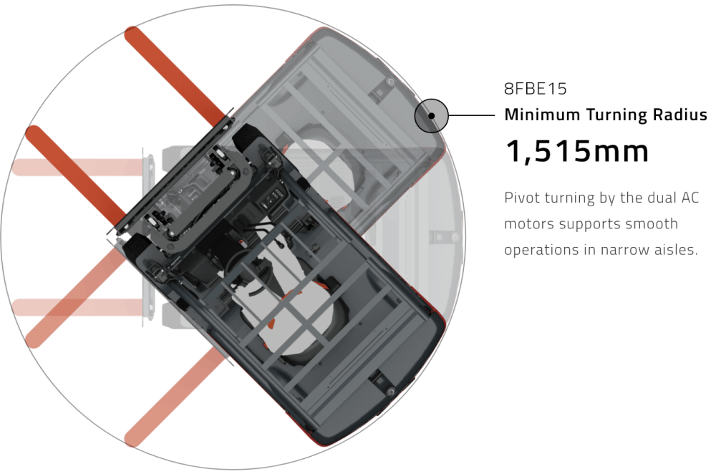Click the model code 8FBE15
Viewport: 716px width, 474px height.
click(535, 89)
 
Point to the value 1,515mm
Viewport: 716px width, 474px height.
click(576, 151)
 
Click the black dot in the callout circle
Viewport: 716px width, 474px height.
click(432, 116)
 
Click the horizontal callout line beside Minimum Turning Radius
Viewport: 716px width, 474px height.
click(472, 115)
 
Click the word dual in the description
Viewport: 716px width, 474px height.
click(662, 198)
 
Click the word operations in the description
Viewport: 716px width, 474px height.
click(538, 251)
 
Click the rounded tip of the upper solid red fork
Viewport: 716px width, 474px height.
click(132, 34)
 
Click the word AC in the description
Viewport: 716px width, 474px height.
click(690, 198)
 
